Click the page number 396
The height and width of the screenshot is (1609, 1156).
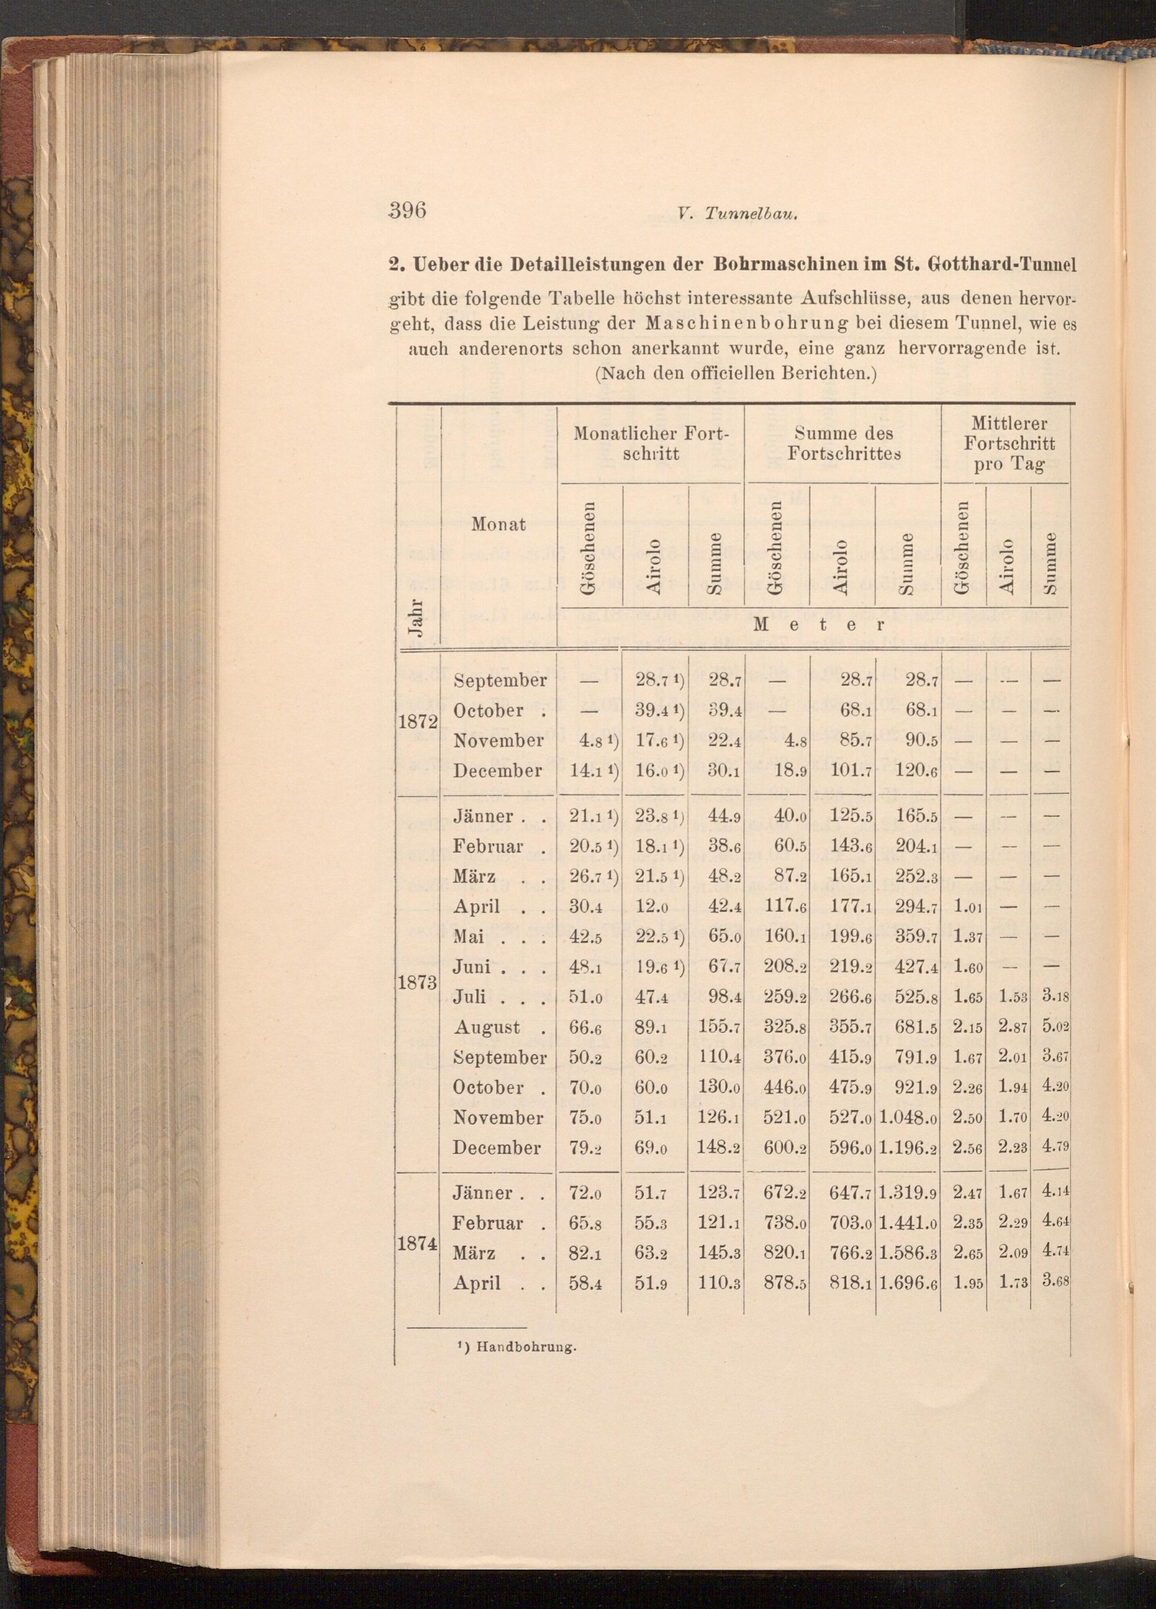406,212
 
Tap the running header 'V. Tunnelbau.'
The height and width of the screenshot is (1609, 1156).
738,215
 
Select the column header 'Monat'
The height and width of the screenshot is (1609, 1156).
498,524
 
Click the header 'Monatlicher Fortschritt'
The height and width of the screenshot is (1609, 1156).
651,443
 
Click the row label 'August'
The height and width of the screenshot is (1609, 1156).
487,1027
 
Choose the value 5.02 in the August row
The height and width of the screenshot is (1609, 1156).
1054,1027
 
